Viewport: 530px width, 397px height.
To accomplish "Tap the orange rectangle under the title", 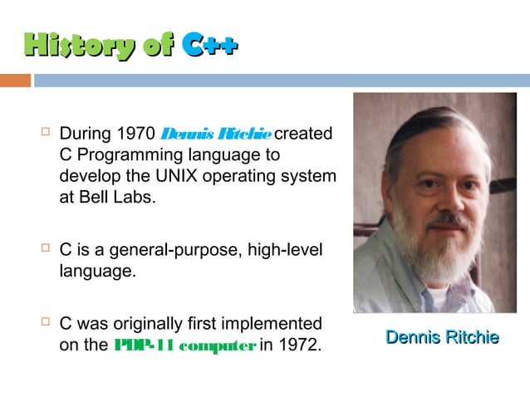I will pos(15,81).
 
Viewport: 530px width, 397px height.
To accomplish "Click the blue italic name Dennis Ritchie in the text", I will pos(215,134).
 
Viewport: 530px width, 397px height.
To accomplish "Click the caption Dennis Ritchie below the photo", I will pos(442,337).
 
